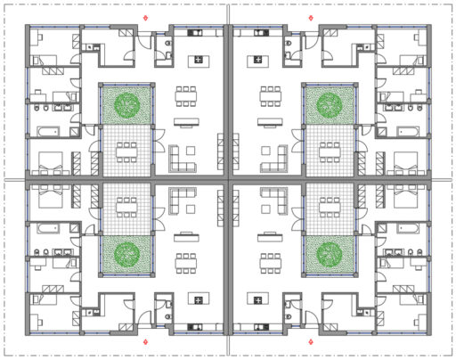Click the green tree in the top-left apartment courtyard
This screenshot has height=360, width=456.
126,105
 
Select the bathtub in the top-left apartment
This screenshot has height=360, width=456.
44,133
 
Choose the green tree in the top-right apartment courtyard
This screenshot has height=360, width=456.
330,105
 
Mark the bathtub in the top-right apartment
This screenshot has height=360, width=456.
412,133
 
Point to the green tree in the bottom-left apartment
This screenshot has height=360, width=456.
126,254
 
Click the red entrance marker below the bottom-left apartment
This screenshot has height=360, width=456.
146,341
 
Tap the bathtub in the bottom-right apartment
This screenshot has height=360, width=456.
412,226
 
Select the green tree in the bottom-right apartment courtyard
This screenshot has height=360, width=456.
330,254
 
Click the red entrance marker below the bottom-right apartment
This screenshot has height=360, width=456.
309,341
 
